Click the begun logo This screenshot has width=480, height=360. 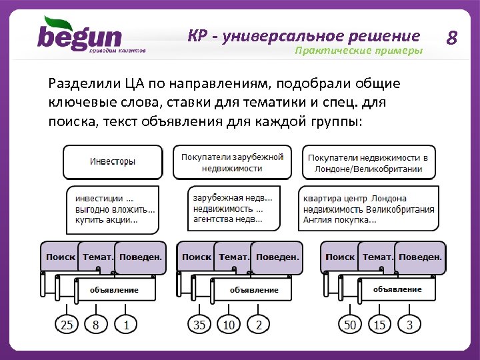click(x=80, y=37)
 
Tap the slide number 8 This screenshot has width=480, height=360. click(x=451, y=37)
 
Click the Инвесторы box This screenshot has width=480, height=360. click(x=113, y=162)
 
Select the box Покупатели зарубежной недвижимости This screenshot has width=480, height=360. click(x=232, y=163)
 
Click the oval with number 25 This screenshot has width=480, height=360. click(x=67, y=325)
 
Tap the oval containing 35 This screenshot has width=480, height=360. click(x=199, y=325)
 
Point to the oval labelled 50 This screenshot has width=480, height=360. click(x=349, y=325)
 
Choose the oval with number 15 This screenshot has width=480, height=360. click(x=379, y=325)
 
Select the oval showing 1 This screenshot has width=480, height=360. click(x=126, y=325)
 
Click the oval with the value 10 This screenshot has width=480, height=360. click(x=229, y=325)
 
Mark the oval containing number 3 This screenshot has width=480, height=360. click(x=409, y=325)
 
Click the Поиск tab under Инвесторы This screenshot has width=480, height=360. click(x=61, y=257)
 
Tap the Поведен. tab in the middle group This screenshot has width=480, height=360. click(x=277, y=257)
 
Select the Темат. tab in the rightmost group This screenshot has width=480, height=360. click(x=377, y=257)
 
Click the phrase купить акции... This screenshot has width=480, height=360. click(x=107, y=220)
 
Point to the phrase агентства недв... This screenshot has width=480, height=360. click(x=227, y=219)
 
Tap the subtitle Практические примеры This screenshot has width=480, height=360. click(x=359, y=51)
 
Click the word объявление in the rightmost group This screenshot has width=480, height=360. click(x=397, y=289)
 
